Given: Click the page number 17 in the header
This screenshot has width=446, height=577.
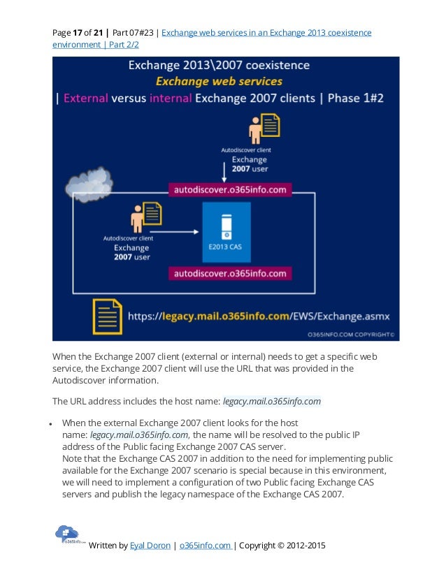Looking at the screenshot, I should (77, 33).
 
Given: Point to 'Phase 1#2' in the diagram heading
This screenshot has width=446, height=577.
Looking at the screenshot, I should (360, 98).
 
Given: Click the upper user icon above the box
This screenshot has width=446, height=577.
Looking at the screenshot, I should (263, 128).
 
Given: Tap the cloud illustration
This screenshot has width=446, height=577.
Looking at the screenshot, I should (89, 183).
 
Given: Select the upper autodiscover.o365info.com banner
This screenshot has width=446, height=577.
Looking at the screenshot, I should (230, 189).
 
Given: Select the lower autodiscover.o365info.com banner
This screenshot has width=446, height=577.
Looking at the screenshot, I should (230, 273).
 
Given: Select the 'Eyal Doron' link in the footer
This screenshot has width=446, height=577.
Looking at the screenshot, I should (150, 546).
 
